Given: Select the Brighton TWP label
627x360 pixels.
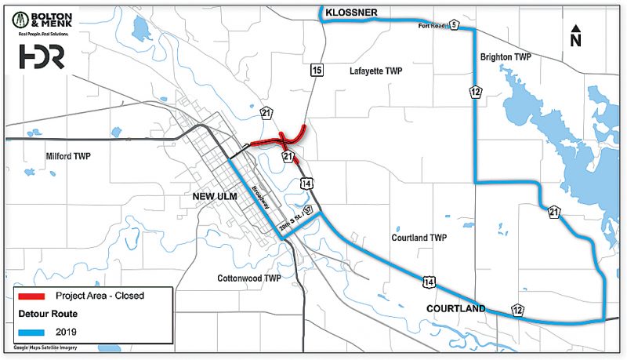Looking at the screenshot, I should (506, 57).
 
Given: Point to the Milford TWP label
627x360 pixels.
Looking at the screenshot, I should (69, 156).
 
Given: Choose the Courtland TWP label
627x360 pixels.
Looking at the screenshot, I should (418, 237).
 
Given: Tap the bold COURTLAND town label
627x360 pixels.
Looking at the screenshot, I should (455, 309).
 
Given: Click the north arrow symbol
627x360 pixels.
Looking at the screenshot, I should (575, 36).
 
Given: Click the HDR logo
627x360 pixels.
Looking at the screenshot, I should (41, 56).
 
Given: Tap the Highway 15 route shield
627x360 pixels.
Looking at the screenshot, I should (316, 71).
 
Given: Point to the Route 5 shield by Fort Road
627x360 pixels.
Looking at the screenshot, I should (453, 26).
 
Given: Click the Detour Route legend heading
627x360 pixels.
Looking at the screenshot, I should (49, 314).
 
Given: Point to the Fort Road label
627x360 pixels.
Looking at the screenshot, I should (431, 26).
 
